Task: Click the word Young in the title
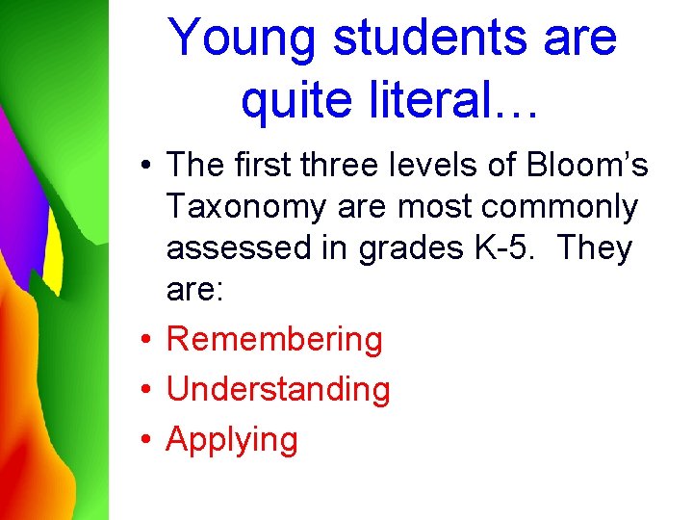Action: coord(242,39)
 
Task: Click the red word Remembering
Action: coord(274,339)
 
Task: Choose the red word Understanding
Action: coord(278,389)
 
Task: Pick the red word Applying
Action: coord(232,440)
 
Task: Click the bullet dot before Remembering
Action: coord(143,340)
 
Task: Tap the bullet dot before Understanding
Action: coord(143,390)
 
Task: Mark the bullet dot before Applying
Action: coord(143,440)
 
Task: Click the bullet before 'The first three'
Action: coord(143,166)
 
